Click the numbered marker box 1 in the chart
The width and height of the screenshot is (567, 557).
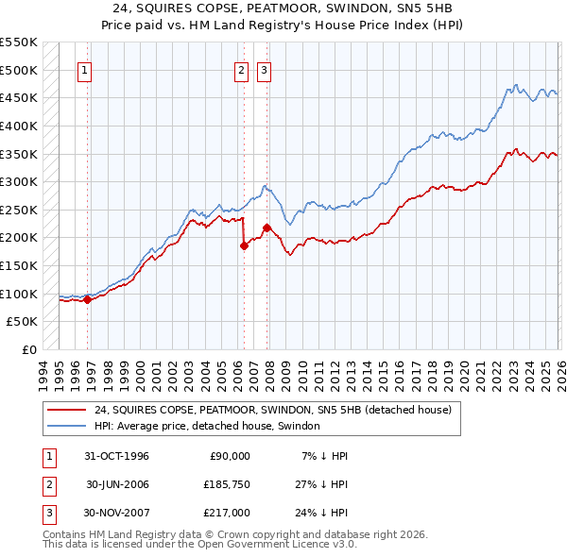85,70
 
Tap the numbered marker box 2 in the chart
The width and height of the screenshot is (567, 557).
241,70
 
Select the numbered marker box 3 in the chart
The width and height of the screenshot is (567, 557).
263,70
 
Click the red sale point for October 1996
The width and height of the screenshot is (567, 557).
88,299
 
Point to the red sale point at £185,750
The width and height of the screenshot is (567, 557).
244,245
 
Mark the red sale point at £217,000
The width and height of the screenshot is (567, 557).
267,228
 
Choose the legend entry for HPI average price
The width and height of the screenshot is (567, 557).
207,426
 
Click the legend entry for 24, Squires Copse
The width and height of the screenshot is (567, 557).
273,410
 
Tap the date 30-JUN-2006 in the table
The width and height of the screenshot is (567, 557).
117,484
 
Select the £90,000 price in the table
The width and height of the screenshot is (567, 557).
227,456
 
